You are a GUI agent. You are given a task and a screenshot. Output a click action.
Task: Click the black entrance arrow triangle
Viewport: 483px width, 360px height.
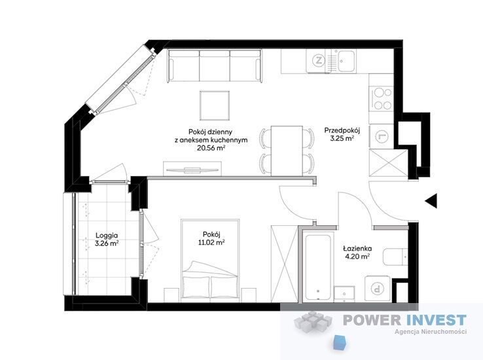coord(432,201)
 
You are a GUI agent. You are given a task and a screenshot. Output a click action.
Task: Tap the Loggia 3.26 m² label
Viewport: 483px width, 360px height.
coord(107,240)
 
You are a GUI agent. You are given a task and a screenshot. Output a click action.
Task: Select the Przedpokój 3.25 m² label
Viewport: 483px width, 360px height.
coord(342,134)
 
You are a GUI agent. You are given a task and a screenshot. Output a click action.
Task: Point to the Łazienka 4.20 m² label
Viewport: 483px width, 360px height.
coord(357,252)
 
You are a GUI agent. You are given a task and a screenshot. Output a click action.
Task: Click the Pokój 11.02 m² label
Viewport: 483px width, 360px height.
coord(211,238)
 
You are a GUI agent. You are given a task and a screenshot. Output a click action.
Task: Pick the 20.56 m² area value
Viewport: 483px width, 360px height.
coord(211,148)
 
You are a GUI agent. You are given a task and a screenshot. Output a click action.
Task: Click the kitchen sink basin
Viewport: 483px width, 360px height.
coord(346,62)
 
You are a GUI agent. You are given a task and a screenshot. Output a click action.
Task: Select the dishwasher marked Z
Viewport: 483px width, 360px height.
coord(319,61)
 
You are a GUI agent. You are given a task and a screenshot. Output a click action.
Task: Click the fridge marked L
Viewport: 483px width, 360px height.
coord(382,135)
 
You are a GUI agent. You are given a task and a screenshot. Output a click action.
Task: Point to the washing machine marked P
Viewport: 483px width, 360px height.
coord(377,289)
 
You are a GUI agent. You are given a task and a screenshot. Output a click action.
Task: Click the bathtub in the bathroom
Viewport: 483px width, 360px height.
coord(317,266)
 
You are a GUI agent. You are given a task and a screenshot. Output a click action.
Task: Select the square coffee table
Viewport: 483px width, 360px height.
coord(215,105)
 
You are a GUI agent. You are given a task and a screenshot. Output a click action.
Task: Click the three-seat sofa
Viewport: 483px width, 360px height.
coord(215,66)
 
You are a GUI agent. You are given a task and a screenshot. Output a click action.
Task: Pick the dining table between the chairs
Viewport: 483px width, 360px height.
coord(287,151)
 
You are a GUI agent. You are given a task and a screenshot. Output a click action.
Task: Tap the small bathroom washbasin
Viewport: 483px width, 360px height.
coord(345,293)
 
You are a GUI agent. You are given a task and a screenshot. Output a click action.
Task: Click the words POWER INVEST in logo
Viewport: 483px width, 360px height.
coord(404,320)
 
